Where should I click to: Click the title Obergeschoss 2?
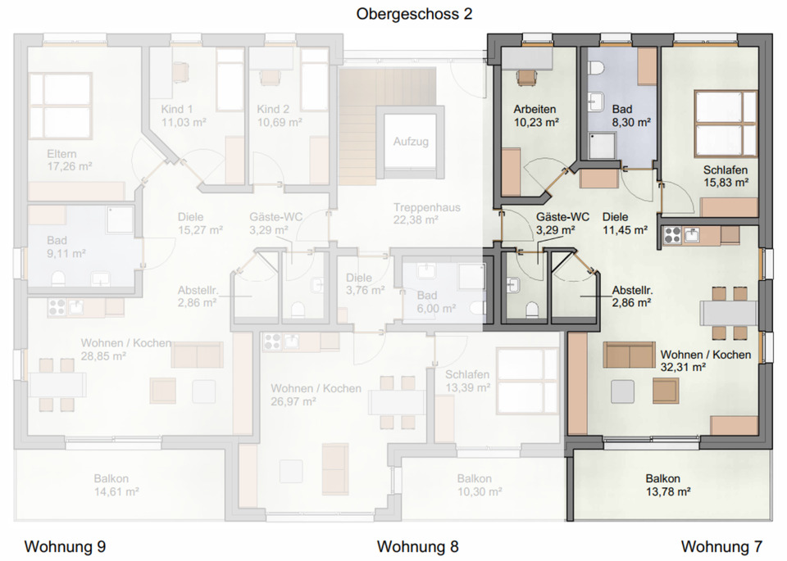414,14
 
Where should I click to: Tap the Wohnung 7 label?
721,546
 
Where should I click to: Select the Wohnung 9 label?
65,546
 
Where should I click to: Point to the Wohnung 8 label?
417,546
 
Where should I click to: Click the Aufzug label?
411,142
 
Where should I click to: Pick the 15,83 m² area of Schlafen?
726,183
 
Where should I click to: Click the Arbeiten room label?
535,109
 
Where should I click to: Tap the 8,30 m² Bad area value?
630,122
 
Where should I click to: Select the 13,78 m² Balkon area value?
668,492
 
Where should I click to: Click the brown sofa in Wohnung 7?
629,355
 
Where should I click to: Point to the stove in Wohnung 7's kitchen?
672,235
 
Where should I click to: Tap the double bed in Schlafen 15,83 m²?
726,124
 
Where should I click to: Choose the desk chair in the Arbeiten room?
527,77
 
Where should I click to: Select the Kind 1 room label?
177,109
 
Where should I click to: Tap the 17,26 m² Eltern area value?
69,166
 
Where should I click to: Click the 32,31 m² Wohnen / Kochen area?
683,368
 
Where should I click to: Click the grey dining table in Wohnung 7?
728,313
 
